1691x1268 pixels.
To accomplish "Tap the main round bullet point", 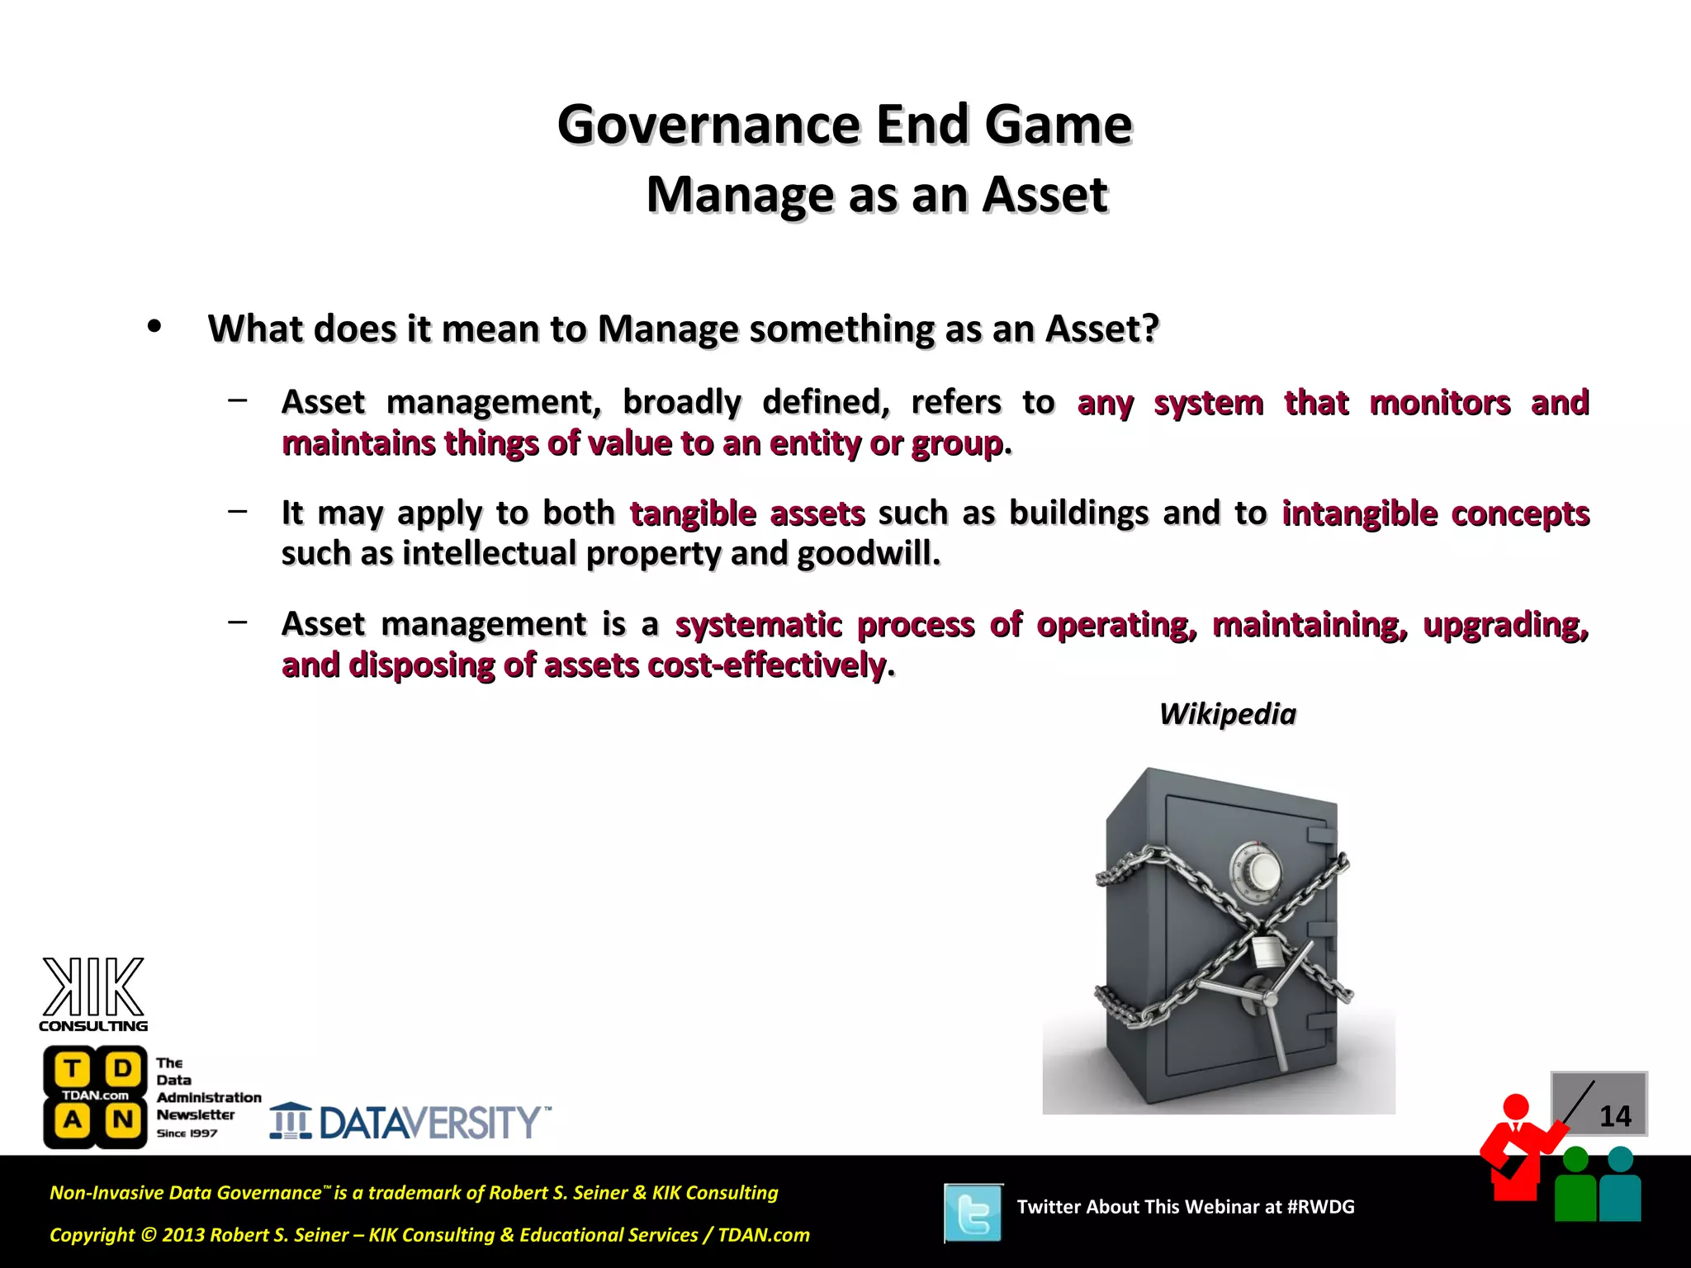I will (x=154, y=327).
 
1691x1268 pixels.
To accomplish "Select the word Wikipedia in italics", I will (x=1227, y=714).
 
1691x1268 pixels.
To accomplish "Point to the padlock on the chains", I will (x=1265, y=950).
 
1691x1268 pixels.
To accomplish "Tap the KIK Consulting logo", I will (x=93, y=995).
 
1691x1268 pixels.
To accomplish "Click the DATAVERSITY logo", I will (x=410, y=1122).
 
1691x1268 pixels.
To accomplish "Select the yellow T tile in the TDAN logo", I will (x=72, y=1069).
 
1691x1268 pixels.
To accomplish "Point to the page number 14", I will (x=1614, y=1116).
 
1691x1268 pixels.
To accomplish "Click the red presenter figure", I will (x=1516, y=1147).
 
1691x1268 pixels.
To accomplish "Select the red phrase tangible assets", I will (x=747, y=513).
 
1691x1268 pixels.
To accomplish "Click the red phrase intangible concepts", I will (x=1435, y=513).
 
